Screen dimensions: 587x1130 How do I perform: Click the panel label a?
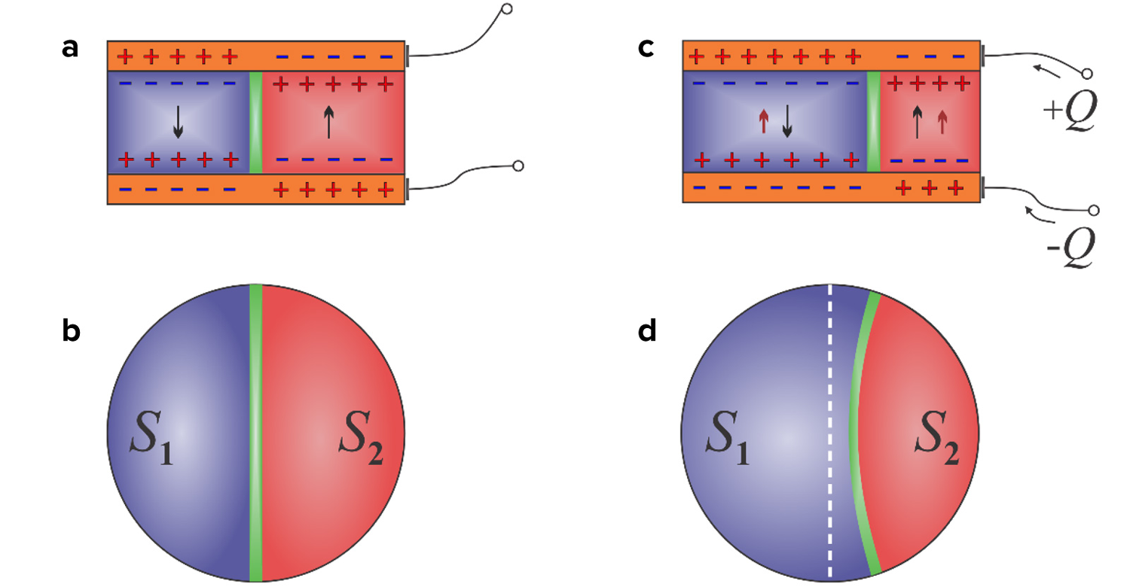[x=71, y=48]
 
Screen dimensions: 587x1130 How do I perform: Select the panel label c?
[x=646, y=48]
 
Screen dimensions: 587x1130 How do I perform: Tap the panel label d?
[x=647, y=331]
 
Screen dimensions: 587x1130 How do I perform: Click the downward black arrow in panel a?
[x=178, y=122]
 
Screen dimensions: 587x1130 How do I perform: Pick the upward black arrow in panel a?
[x=328, y=122]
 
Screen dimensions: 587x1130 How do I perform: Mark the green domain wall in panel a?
[x=255, y=122]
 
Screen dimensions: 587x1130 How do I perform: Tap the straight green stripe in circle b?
[x=255, y=433]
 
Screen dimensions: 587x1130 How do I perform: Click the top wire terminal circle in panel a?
[x=507, y=10]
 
